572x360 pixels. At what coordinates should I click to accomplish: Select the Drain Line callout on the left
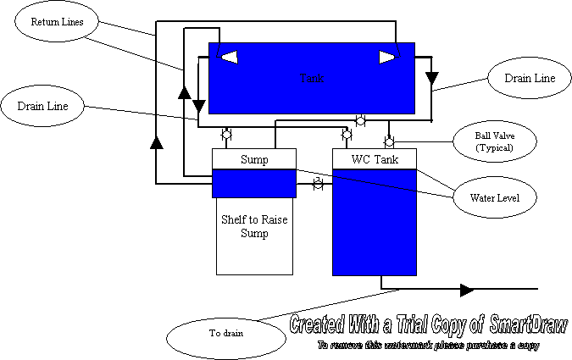click(x=42, y=106)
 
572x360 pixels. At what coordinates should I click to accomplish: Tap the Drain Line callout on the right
click(x=529, y=78)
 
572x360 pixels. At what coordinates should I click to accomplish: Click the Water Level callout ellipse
click(x=494, y=199)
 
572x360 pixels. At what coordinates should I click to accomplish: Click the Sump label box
click(x=254, y=159)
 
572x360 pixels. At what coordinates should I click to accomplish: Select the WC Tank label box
click(x=375, y=159)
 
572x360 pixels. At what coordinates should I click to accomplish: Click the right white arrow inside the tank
click(x=386, y=57)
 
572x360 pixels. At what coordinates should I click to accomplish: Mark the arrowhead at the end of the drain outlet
click(x=467, y=290)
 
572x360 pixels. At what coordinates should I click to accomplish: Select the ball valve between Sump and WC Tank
click(x=318, y=183)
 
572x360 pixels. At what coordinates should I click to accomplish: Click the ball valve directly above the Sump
click(x=226, y=134)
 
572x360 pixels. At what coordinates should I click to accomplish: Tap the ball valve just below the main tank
click(x=360, y=120)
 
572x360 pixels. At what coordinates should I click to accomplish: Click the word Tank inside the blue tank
click(x=311, y=78)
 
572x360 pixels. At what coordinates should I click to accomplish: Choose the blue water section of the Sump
click(x=254, y=182)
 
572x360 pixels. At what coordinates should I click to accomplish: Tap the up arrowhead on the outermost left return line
click(x=155, y=141)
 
